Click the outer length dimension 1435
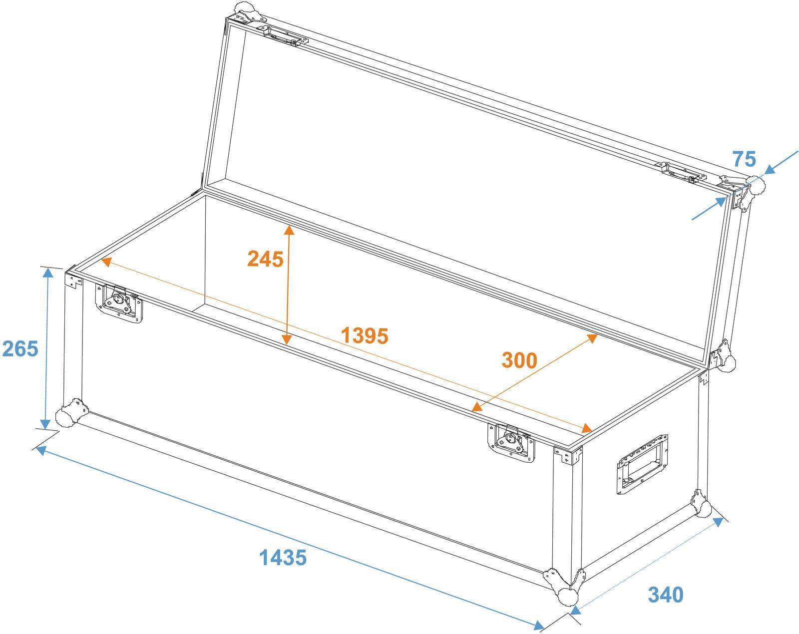tap(283, 557)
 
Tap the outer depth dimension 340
tap(665, 595)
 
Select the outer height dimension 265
tap(20, 348)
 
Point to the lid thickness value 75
tap(744, 159)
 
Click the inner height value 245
tap(265, 259)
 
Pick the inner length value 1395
tap(365, 336)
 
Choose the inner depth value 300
tap(519, 360)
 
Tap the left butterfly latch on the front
tap(119, 303)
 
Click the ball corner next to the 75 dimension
tap(755, 186)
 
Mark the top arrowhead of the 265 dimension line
tap(48, 273)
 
